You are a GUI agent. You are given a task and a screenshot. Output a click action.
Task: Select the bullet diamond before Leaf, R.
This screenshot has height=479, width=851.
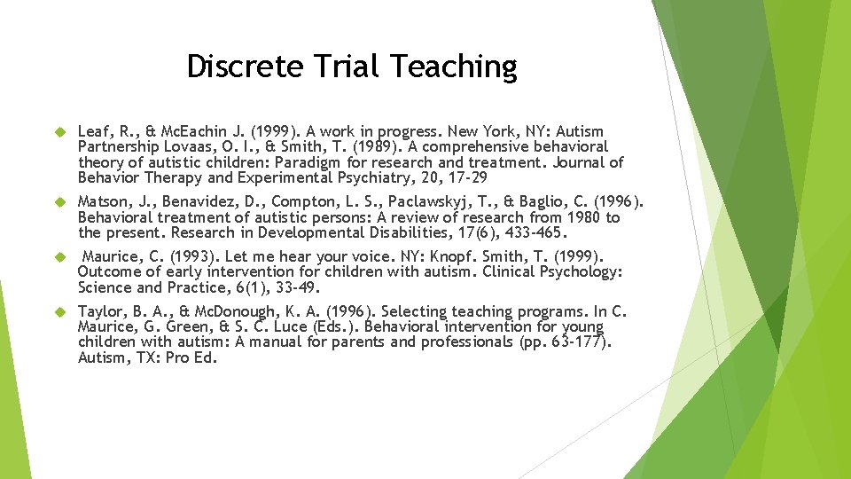[x=61, y=131]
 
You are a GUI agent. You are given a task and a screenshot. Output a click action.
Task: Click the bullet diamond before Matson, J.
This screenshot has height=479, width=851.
[x=61, y=201]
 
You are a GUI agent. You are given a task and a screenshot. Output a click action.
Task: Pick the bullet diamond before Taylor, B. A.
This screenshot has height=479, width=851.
[x=61, y=311]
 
